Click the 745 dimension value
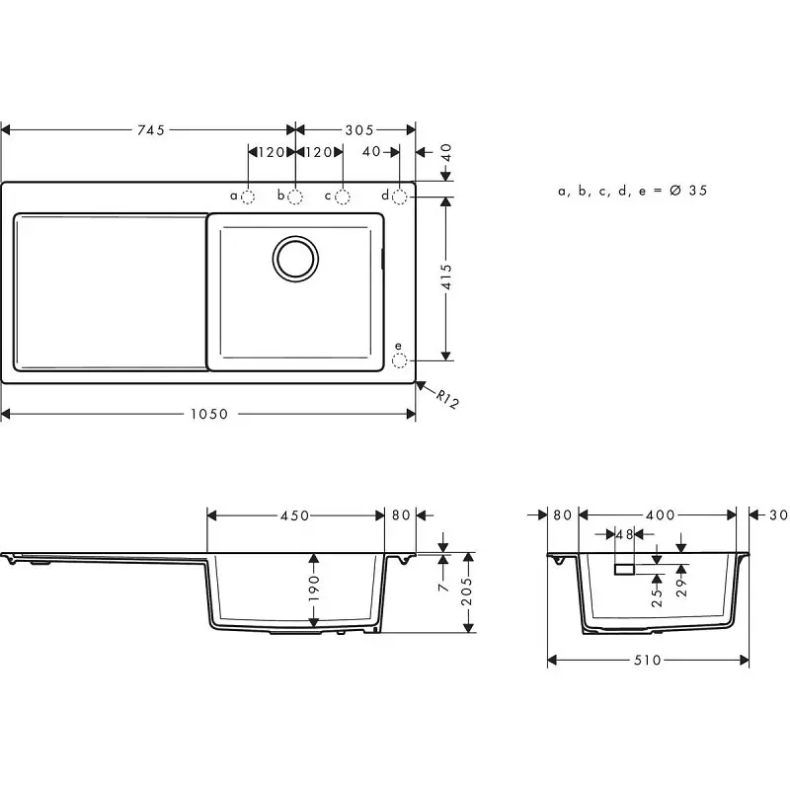click(x=151, y=130)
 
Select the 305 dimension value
click(x=359, y=130)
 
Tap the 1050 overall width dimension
click(x=209, y=414)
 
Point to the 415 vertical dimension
click(x=446, y=277)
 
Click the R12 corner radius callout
click(x=447, y=399)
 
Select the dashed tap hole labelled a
click(x=248, y=197)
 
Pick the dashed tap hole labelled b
click(x=295, y=197)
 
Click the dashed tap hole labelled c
click(x=343, y=197)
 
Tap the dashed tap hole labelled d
click(x=400, y=197)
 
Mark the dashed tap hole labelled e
click(x=400, y=360)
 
